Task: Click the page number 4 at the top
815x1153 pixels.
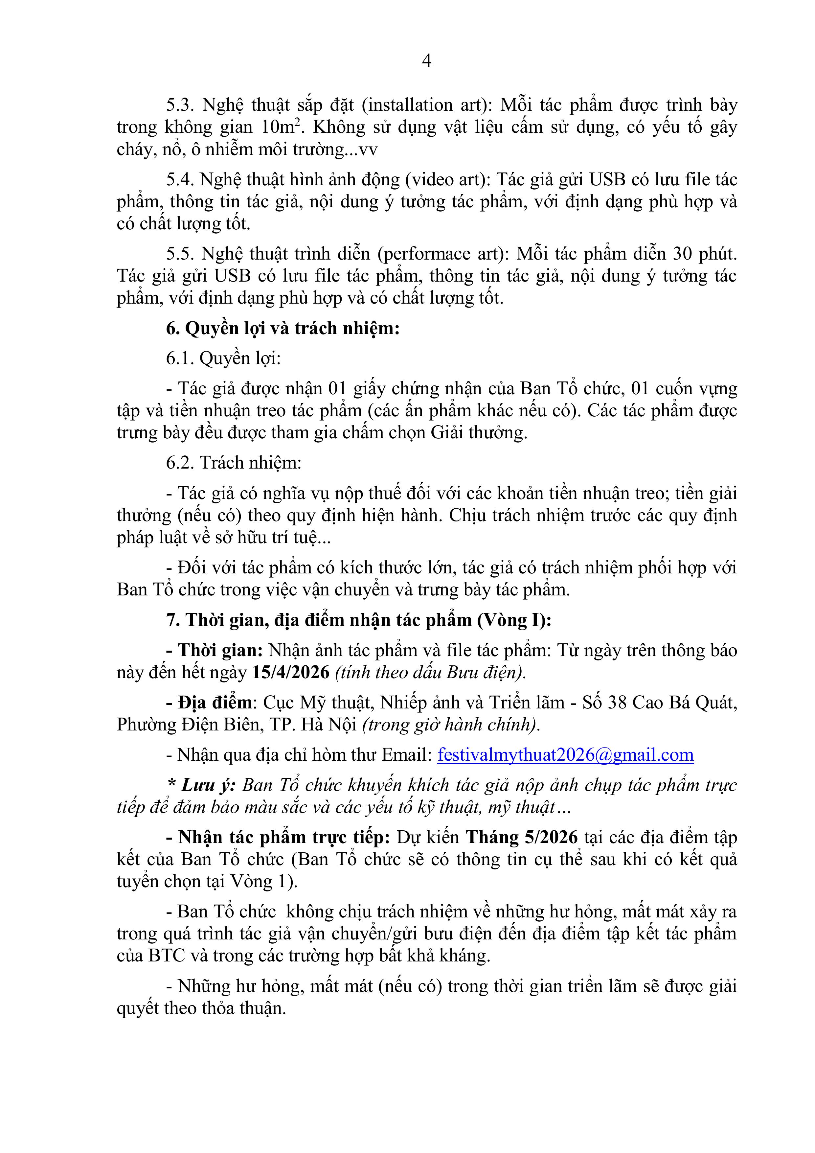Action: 426,61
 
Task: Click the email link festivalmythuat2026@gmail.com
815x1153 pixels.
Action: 565,754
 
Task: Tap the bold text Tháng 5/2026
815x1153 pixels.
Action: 522,837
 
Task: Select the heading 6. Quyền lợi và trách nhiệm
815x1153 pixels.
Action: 283,329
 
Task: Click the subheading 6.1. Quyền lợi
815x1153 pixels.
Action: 223,358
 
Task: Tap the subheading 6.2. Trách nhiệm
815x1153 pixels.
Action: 234,463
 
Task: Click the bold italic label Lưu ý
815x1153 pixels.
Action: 208,785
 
